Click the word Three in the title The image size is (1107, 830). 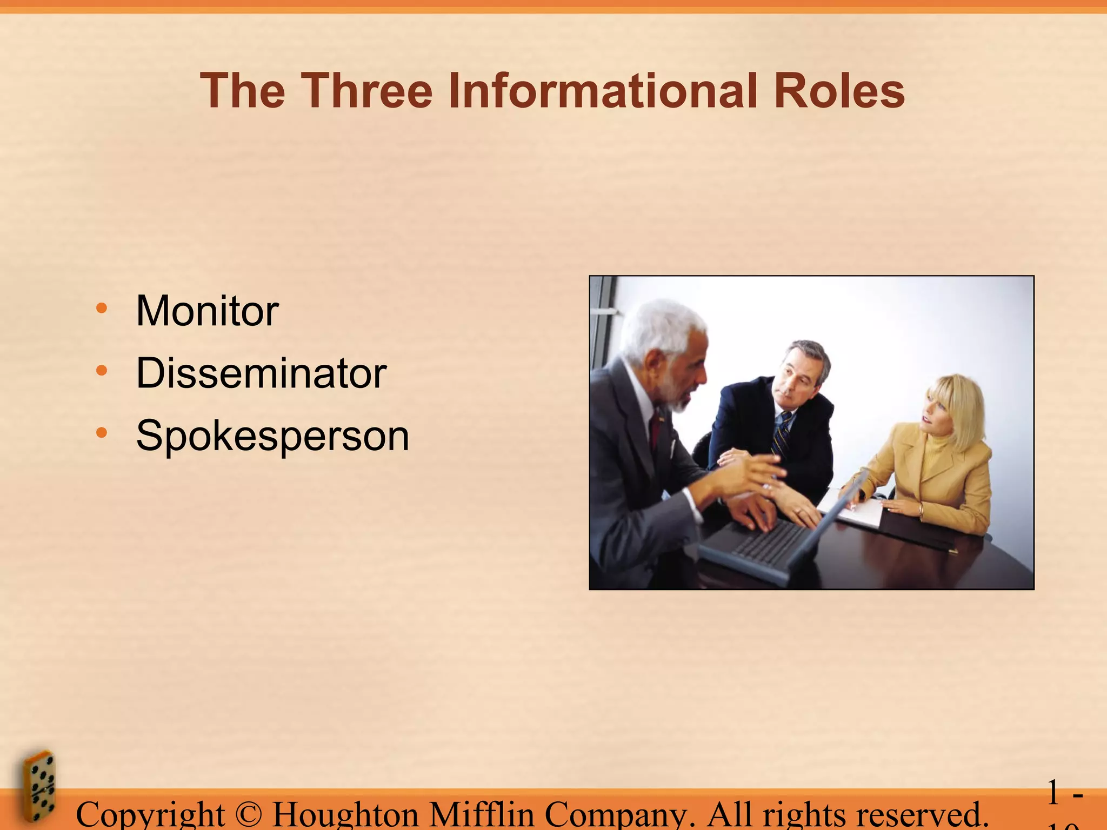tap(366, 91)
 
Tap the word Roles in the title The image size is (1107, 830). tap(839, 91)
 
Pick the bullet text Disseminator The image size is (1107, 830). tap(261, 373)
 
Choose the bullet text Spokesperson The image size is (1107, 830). tap(272, 436)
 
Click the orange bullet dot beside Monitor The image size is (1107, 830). tap(101, 309)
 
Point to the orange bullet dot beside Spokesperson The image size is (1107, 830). tap(101, 433)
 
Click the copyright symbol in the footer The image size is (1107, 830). tap(248, 814)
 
